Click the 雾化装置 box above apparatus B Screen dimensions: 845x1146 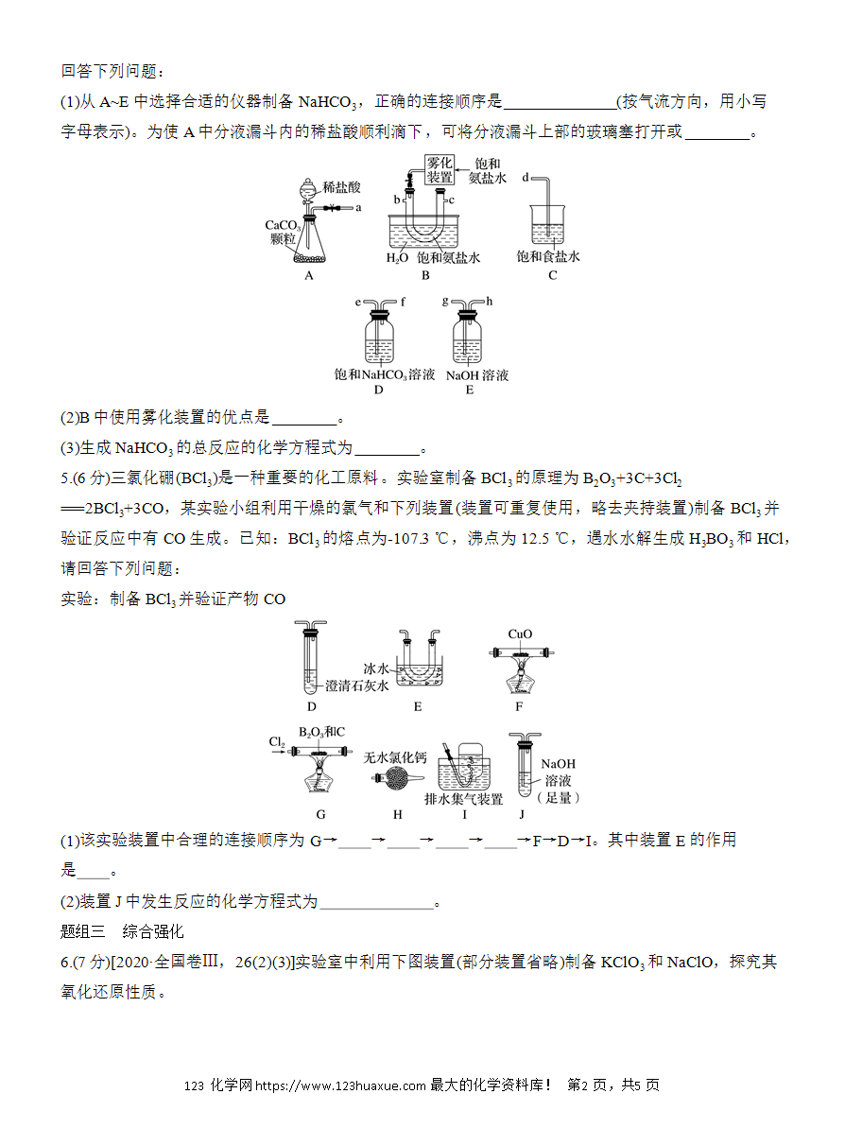point(440,170)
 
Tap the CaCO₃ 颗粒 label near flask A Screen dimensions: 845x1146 point(283,232)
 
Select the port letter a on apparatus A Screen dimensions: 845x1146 point(358,208)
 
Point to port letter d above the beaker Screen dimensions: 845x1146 point(525,178)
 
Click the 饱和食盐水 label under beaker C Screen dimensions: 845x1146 point(548,256)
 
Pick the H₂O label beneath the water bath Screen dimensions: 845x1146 point(397,258)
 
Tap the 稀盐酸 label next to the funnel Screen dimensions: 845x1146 point(341,187)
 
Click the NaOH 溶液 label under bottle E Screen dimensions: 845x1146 point(477,375)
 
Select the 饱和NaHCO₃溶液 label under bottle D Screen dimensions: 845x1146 point(384,375)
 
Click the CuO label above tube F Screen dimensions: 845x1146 point(520,634)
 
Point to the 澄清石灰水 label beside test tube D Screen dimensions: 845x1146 point(356,686)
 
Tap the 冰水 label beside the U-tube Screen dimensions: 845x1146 point(376,668)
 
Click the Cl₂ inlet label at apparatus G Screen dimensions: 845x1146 point(277,742)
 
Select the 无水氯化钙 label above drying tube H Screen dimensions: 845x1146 point(395,757)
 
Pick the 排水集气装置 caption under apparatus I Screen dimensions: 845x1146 point(464,799)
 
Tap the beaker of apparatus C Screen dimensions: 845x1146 point(548,225)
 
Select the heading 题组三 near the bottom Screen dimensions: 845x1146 point(82,931)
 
